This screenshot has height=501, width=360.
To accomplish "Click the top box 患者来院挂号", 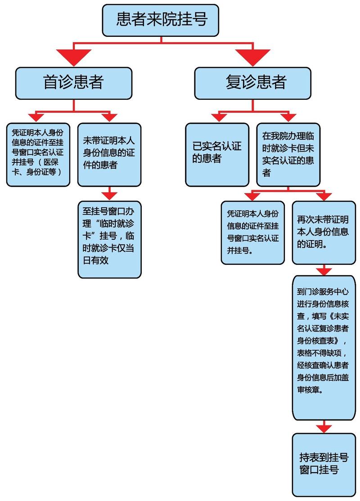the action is pyautogui.click(x=161, y=20).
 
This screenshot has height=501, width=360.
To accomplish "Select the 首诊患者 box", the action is pyautogui.click(x=74, y=83).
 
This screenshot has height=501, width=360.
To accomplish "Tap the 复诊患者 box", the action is pyautogui.click(x=253, y=83).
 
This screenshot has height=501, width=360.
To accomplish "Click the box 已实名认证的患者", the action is pyautogui.click(x=217, y=155).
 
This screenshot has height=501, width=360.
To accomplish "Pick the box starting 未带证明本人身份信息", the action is pyautogui.click(x=109, y=155).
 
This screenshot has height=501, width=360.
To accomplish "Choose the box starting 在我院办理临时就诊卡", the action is pyautogui.click(x=288, y=155).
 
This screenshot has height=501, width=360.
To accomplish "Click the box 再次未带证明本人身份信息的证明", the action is pyautogui.click(x=324, y=233).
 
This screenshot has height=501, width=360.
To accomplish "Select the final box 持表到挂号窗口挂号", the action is pyautogui.click(x=324, y=465).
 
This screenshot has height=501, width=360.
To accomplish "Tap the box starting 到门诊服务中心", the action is pyautogui.click(x=324, y=348).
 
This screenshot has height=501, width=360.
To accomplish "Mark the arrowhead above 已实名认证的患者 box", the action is pyautogui.click(x=219, y=117).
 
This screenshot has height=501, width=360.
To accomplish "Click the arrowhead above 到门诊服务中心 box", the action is pyautogui.click(x=324, y=271).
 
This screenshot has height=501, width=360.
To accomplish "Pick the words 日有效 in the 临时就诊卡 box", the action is pyautogui.click(x=95, y=260).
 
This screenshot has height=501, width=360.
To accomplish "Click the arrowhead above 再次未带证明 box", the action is pyautogui.click(x=324, y=196).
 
